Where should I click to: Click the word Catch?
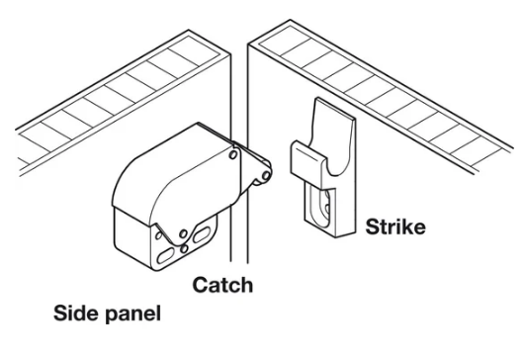(221, 286)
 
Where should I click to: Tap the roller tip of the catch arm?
(262, 174)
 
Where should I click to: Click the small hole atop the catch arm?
(233, 155)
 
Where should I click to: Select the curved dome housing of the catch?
(163, 173)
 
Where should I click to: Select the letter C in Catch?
(198, 286)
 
